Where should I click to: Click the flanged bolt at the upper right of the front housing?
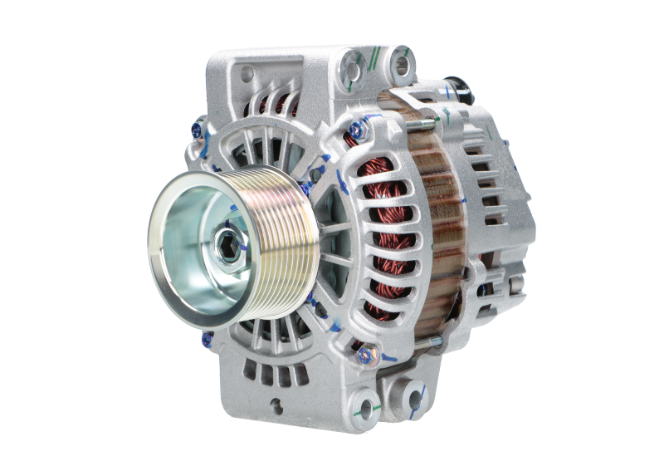click(359, 130)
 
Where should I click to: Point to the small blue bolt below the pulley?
click(207, 338)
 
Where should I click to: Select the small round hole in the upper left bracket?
click(246, 76)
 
